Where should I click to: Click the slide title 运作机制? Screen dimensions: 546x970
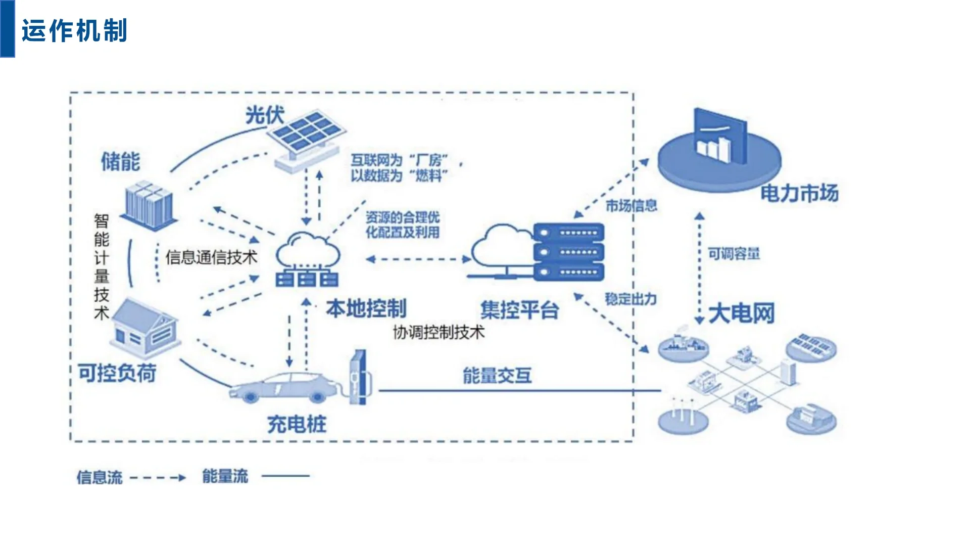point(74,30)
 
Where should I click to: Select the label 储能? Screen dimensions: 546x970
point(120,162)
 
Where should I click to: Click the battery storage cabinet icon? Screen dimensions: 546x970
point(150,205)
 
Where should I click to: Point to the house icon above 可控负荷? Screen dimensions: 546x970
point(145,326)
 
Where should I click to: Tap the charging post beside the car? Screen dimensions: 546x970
point(359,377)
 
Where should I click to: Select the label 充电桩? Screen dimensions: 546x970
point(297,424)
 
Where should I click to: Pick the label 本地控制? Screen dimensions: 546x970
point(366,308)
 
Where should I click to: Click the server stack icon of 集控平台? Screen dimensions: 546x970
point(568,252)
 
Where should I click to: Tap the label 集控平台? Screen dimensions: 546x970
point(519,310)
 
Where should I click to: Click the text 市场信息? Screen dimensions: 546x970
point(632,206)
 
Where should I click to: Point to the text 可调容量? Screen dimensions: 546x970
point(734,253)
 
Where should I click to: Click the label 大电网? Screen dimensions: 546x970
point(741,313)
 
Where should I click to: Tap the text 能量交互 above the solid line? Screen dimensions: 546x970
point(497,375)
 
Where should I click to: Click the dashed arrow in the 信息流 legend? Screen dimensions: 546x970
point(158,477)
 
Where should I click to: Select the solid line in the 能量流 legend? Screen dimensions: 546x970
point(285,476)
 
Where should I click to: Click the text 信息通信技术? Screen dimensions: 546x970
point(211,257)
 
